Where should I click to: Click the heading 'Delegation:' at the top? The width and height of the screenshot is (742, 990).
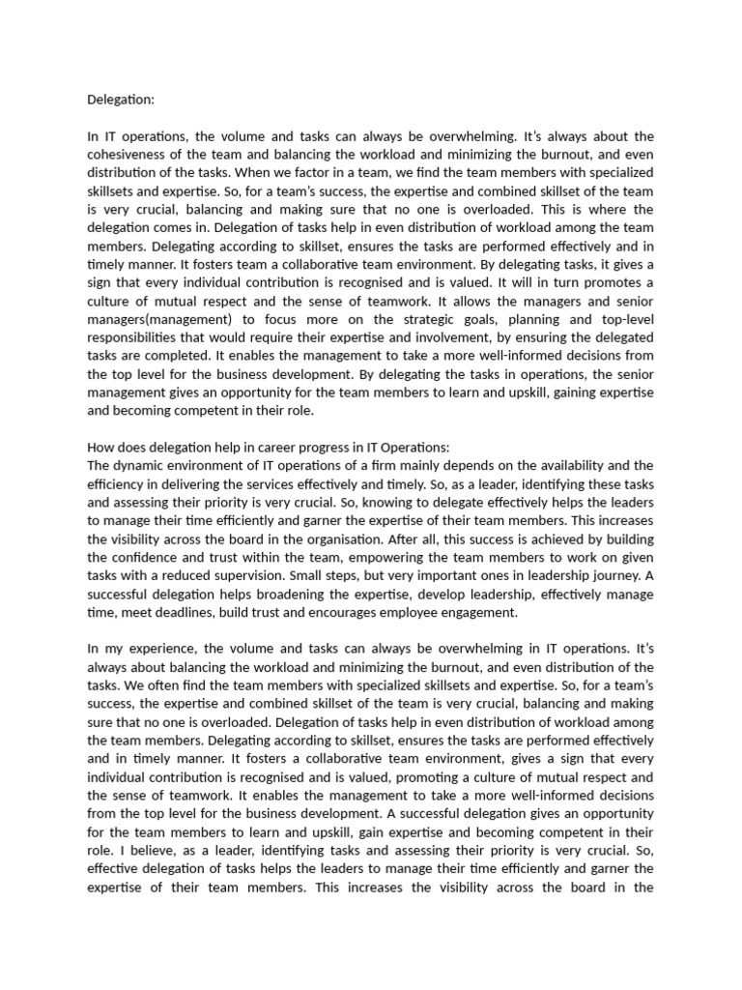(121, 99)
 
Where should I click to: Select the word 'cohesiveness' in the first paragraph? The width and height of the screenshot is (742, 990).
(130, 154)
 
